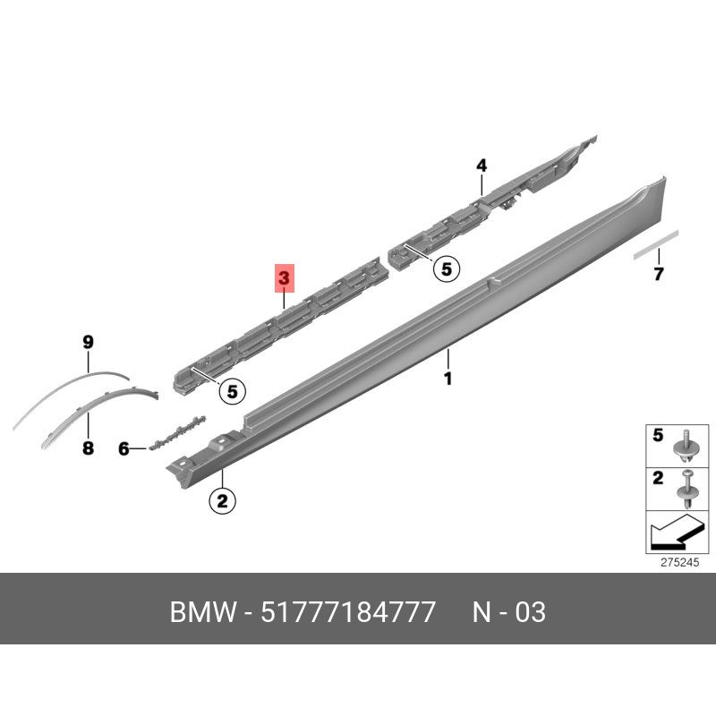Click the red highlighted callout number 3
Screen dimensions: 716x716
[x=284, y=277]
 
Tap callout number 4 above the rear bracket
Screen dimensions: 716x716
[x=482, y=166]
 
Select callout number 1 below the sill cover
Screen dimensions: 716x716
[x=448, y=379]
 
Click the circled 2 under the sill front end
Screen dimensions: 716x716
[x=222, y=501]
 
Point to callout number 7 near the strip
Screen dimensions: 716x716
[x=658, y=274]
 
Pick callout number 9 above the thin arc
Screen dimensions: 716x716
[x=88, y=342]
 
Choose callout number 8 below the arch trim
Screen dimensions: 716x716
[x=88, y=448]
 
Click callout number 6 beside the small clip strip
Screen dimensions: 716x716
[x=124, y=449]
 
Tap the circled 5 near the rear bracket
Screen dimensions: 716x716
[x=446, y=268]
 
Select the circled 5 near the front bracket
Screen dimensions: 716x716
[x=233, y=391]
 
